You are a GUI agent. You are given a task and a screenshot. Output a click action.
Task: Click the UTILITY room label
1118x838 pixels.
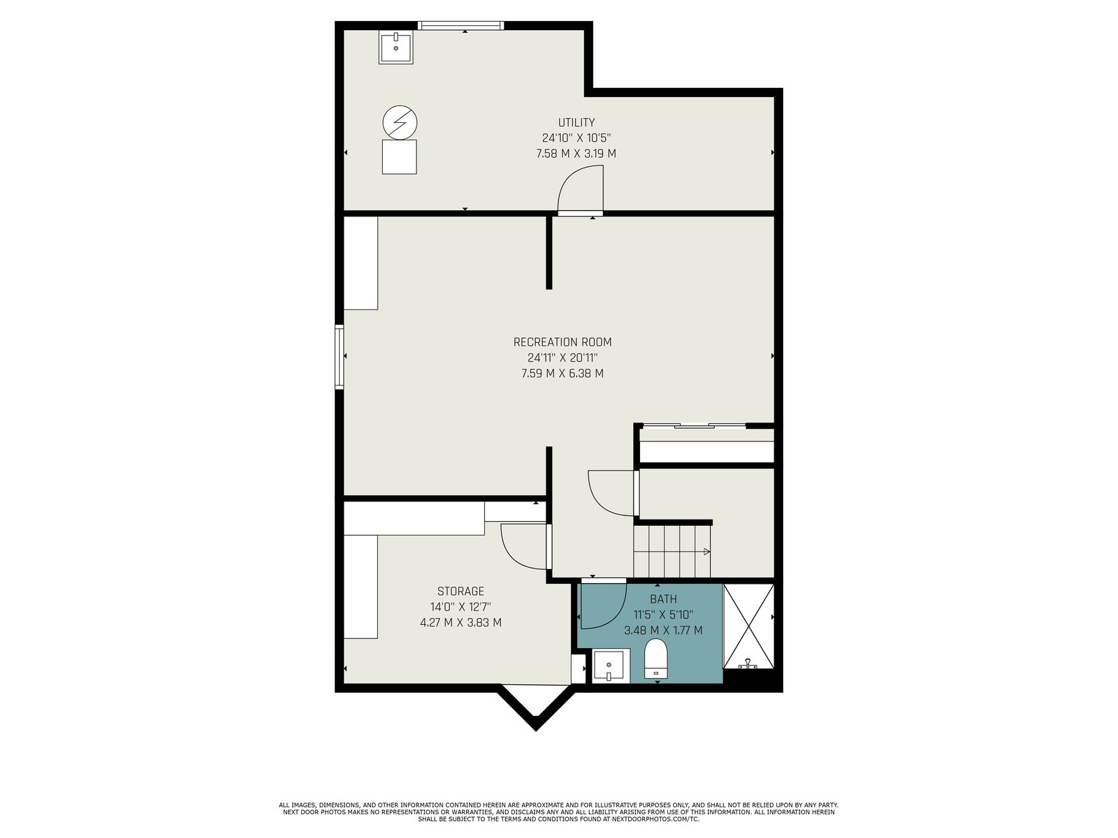[576, 123]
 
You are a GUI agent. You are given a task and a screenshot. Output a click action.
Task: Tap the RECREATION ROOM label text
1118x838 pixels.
[562, 342]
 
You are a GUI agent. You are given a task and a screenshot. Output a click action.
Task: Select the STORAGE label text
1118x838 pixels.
[460, 591]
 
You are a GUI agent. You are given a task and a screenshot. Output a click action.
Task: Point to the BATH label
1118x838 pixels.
[663, 599]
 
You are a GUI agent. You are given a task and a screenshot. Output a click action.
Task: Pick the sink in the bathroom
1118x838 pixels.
[611, 666]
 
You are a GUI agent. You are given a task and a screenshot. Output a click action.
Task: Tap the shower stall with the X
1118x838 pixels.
[748, 626]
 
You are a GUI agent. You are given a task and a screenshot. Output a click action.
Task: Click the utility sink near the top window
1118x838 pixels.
[395, 47]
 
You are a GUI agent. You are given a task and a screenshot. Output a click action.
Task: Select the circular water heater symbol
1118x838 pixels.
[400, 123]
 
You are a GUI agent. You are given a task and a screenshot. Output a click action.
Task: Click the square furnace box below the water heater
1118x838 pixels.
[399, 157]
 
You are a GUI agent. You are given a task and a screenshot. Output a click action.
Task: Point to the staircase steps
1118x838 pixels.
[671, 552]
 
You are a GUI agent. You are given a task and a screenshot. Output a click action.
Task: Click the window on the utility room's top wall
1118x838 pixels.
[460, 25]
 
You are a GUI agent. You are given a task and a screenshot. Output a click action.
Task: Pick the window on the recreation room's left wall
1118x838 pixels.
[339, 357]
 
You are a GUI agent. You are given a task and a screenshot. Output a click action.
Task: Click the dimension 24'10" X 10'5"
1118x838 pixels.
[576, 138]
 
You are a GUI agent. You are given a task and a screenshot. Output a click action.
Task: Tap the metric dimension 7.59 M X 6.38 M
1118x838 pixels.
[562, 374]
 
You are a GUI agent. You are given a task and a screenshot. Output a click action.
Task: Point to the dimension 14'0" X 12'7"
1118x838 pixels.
[460, 607]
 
